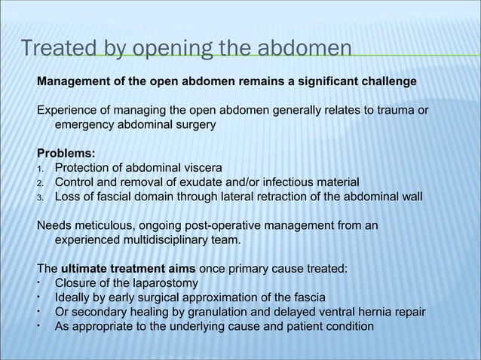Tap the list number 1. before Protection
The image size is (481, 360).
click(x=42, y=168)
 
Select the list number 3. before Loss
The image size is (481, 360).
click(x=42, y=197)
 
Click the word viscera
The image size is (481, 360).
click(x=201, y=167)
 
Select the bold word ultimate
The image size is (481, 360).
click(x=85, y=269)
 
